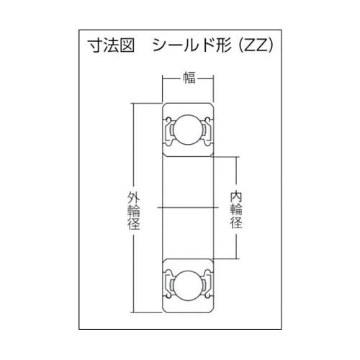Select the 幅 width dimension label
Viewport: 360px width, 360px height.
(189, 79)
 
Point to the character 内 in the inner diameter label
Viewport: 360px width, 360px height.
(235, 194)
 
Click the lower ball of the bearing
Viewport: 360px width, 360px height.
(189, 281)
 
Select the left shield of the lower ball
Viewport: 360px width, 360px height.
(171, 281)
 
